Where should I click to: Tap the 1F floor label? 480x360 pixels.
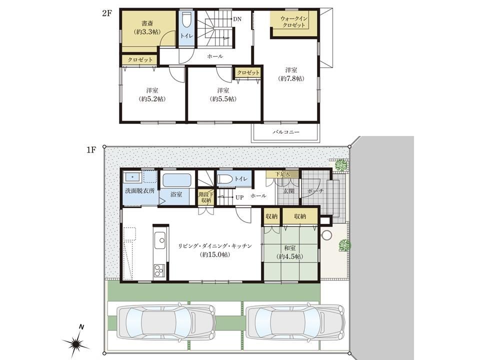(91, 150)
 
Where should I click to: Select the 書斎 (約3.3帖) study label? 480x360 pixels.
(147, 27)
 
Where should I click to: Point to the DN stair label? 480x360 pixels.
(237, 19)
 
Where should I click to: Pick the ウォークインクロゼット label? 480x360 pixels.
(293, 22)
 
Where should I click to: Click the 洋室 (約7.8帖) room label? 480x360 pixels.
(291, 74)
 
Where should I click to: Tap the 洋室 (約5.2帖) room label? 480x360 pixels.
(152, 94)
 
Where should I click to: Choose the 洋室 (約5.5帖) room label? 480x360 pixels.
(223, 94)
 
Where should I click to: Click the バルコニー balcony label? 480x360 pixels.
(286, 132)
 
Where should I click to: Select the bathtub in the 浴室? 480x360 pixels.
(176, 180)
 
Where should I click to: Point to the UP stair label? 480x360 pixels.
(239, 197)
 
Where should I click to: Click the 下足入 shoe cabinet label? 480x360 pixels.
(282, 174)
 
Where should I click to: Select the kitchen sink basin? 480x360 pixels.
(160, 240)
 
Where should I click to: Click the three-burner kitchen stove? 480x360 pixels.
(159, 270)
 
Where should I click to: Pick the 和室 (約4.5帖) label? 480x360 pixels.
(289, 252)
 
